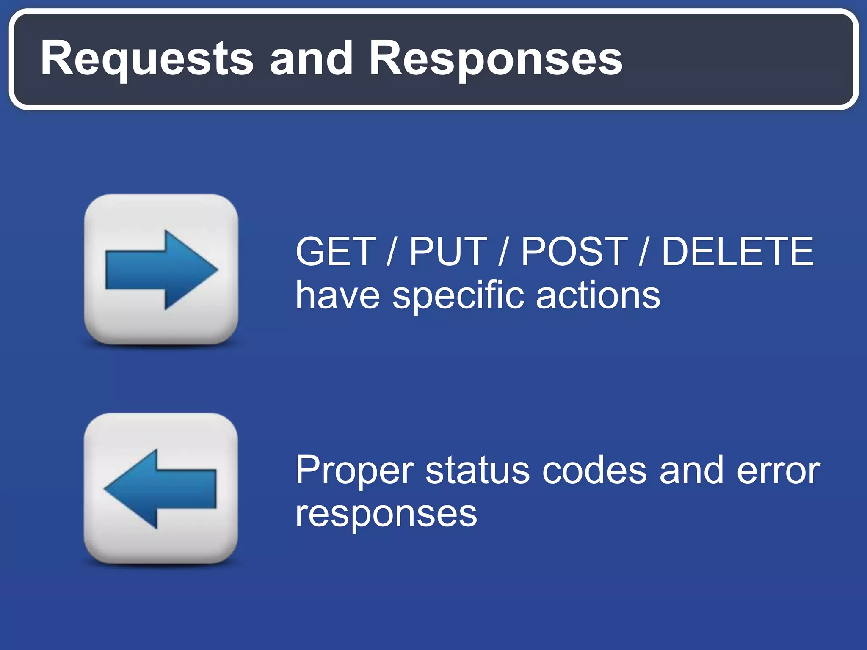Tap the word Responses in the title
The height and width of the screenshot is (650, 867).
[x=495, y=59]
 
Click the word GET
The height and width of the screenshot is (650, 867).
[x=336, y=252]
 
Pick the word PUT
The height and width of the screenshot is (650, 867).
[x=448, y=252]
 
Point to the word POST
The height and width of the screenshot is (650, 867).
[x=574, y=252]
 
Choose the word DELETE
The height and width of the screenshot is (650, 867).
[x=737, y=252]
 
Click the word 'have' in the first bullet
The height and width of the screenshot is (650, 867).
[x=337, y=295]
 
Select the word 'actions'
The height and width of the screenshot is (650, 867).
[x=598, y=295]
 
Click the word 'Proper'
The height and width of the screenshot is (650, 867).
[x=355, y=471]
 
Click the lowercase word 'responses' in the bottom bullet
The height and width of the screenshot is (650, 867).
[x=386, y=515]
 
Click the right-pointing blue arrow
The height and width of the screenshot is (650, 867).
[x=161, y=270]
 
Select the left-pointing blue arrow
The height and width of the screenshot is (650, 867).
[x=160, y=489]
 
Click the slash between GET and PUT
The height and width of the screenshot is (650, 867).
[x=392, y=252]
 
